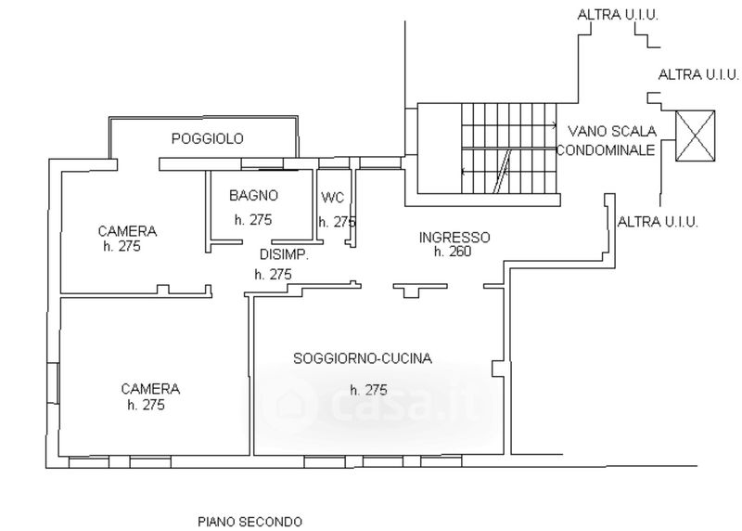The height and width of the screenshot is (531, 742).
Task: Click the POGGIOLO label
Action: [208, 139]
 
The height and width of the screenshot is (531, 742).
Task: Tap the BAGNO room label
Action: [254, 196]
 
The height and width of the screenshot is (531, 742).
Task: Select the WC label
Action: [332, 198]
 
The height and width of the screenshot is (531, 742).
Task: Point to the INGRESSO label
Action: [454, 238]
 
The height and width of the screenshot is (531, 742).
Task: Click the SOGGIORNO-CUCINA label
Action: [364, 358]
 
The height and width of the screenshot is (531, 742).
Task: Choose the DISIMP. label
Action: [283, 254]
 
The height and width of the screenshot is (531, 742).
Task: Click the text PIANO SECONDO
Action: [249, 521]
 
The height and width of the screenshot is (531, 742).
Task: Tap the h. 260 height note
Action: [453, 251]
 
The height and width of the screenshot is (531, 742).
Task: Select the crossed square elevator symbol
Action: [696, 136]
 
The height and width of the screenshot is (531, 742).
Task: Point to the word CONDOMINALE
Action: [606, 149]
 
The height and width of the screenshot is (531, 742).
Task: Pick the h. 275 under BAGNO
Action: [253, 221]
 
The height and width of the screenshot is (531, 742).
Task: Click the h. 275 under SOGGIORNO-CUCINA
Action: [368, 390]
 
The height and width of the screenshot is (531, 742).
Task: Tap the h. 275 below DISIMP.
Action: [273, 274]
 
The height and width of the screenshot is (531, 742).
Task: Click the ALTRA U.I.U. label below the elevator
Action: [657, 221]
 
